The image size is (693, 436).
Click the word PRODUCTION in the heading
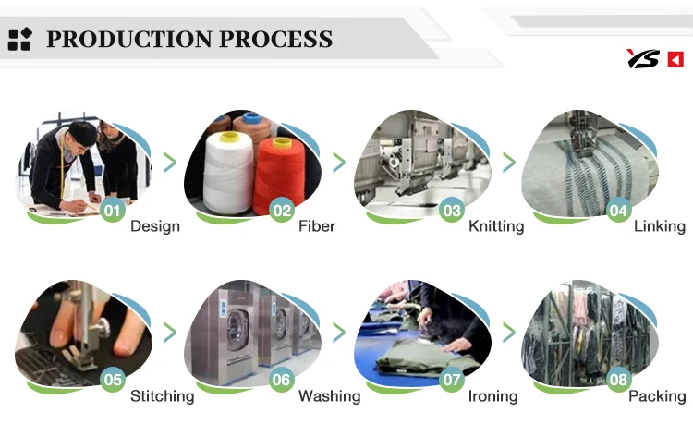tap(129, 39)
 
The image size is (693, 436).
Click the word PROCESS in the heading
tap(275, 39)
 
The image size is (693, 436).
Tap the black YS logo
tap(643, 59)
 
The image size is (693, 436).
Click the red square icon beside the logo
tap(675, 59)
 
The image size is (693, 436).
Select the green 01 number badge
tap(112, 211)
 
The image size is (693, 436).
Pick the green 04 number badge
tap(618, 211)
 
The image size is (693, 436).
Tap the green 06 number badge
tap(281, 380)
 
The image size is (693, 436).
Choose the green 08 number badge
tap(618, 380)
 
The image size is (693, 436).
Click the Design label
tap(155, 226)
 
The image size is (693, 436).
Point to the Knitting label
tap(496, 226)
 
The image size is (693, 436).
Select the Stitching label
tap(163, 396)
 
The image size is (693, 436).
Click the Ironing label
tap(492, 396)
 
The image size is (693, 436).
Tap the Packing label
tap(657, 396)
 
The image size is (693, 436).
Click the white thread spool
tap(228, 173)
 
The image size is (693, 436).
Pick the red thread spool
tap(279, 176)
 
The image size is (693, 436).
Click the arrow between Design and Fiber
tap(170, 163)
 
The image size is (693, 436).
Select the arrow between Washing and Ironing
tap(339, 332)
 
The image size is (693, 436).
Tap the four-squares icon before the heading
tap(20, 39)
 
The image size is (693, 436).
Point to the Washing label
tap(330, 396)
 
